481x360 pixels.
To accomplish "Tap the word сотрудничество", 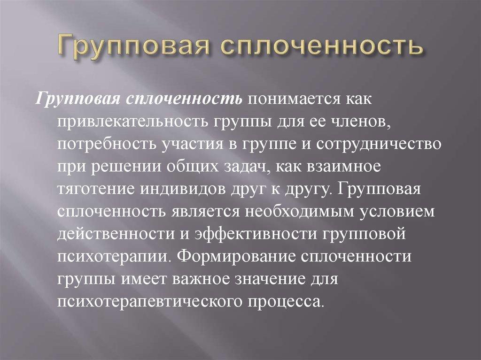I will coord(378,145).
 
